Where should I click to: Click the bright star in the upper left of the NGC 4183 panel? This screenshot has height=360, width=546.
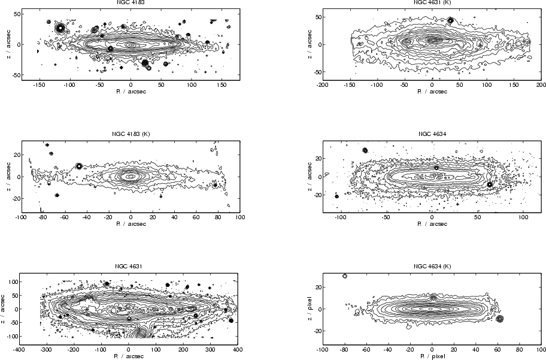click(x=60, y=28)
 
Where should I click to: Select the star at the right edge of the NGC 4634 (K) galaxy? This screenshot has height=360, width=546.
click(x=500, y=319)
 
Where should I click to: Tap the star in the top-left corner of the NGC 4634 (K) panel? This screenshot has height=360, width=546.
click(x=345, y=276)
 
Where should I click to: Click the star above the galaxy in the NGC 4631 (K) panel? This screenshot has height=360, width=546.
click(x=451, y=20)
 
